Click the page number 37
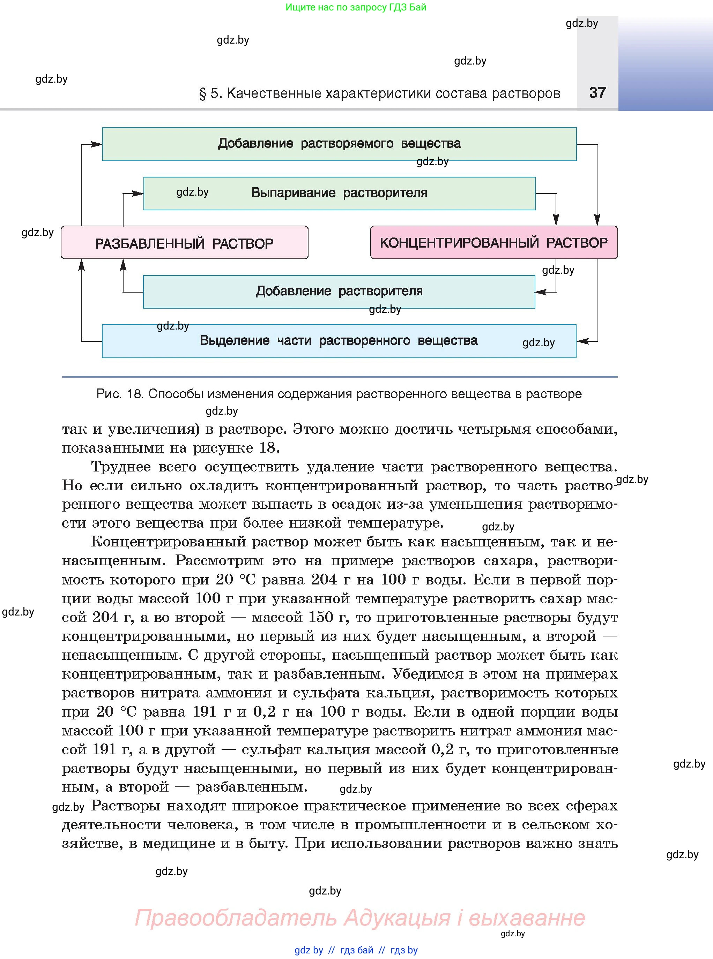point(597,93)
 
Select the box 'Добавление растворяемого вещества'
point(339,144)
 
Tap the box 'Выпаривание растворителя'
point(339,193)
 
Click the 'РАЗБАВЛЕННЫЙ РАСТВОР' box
point(184,243)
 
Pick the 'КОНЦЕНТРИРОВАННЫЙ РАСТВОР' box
point(494,243)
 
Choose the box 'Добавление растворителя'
point(339,292)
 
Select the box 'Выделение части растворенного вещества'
point(339,341)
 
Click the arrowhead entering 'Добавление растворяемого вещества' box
point(97,144)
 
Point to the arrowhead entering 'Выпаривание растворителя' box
point(138,194)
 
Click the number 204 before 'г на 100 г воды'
point(324,580)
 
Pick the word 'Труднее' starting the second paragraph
point(121,467)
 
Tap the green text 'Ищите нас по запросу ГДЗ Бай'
point(356,7)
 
